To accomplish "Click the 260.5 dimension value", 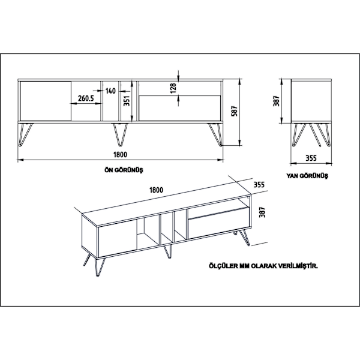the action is [86, 98].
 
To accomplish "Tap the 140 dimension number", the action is [110, 91].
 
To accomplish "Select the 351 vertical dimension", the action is [127, 101].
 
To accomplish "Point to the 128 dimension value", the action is [173, 88].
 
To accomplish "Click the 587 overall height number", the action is [235, 111].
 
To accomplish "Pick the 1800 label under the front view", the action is [120, 155].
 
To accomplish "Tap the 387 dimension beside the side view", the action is [276, 101].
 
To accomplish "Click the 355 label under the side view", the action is [311, 158].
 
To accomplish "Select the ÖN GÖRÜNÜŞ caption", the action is [124, 170].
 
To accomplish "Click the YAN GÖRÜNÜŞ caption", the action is [307, 176].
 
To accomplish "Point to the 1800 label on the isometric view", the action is [156, 190].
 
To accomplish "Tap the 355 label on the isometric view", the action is [259, 185].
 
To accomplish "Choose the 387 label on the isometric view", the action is [262, 212].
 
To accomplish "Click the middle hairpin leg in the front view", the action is [120, 135].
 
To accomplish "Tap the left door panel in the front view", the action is [46, 101].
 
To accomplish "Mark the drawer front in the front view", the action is [180, 108].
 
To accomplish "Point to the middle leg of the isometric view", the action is [167, 251].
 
